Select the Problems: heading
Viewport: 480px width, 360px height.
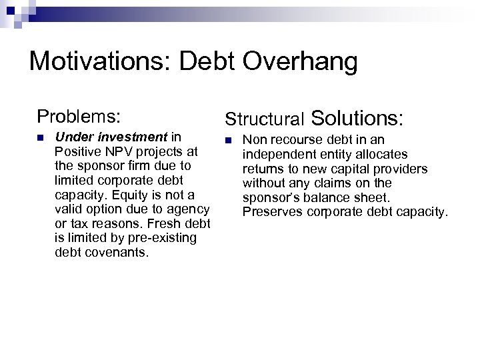click(x=79, y=116)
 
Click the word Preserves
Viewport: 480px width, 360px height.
click(x=268, y=212)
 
